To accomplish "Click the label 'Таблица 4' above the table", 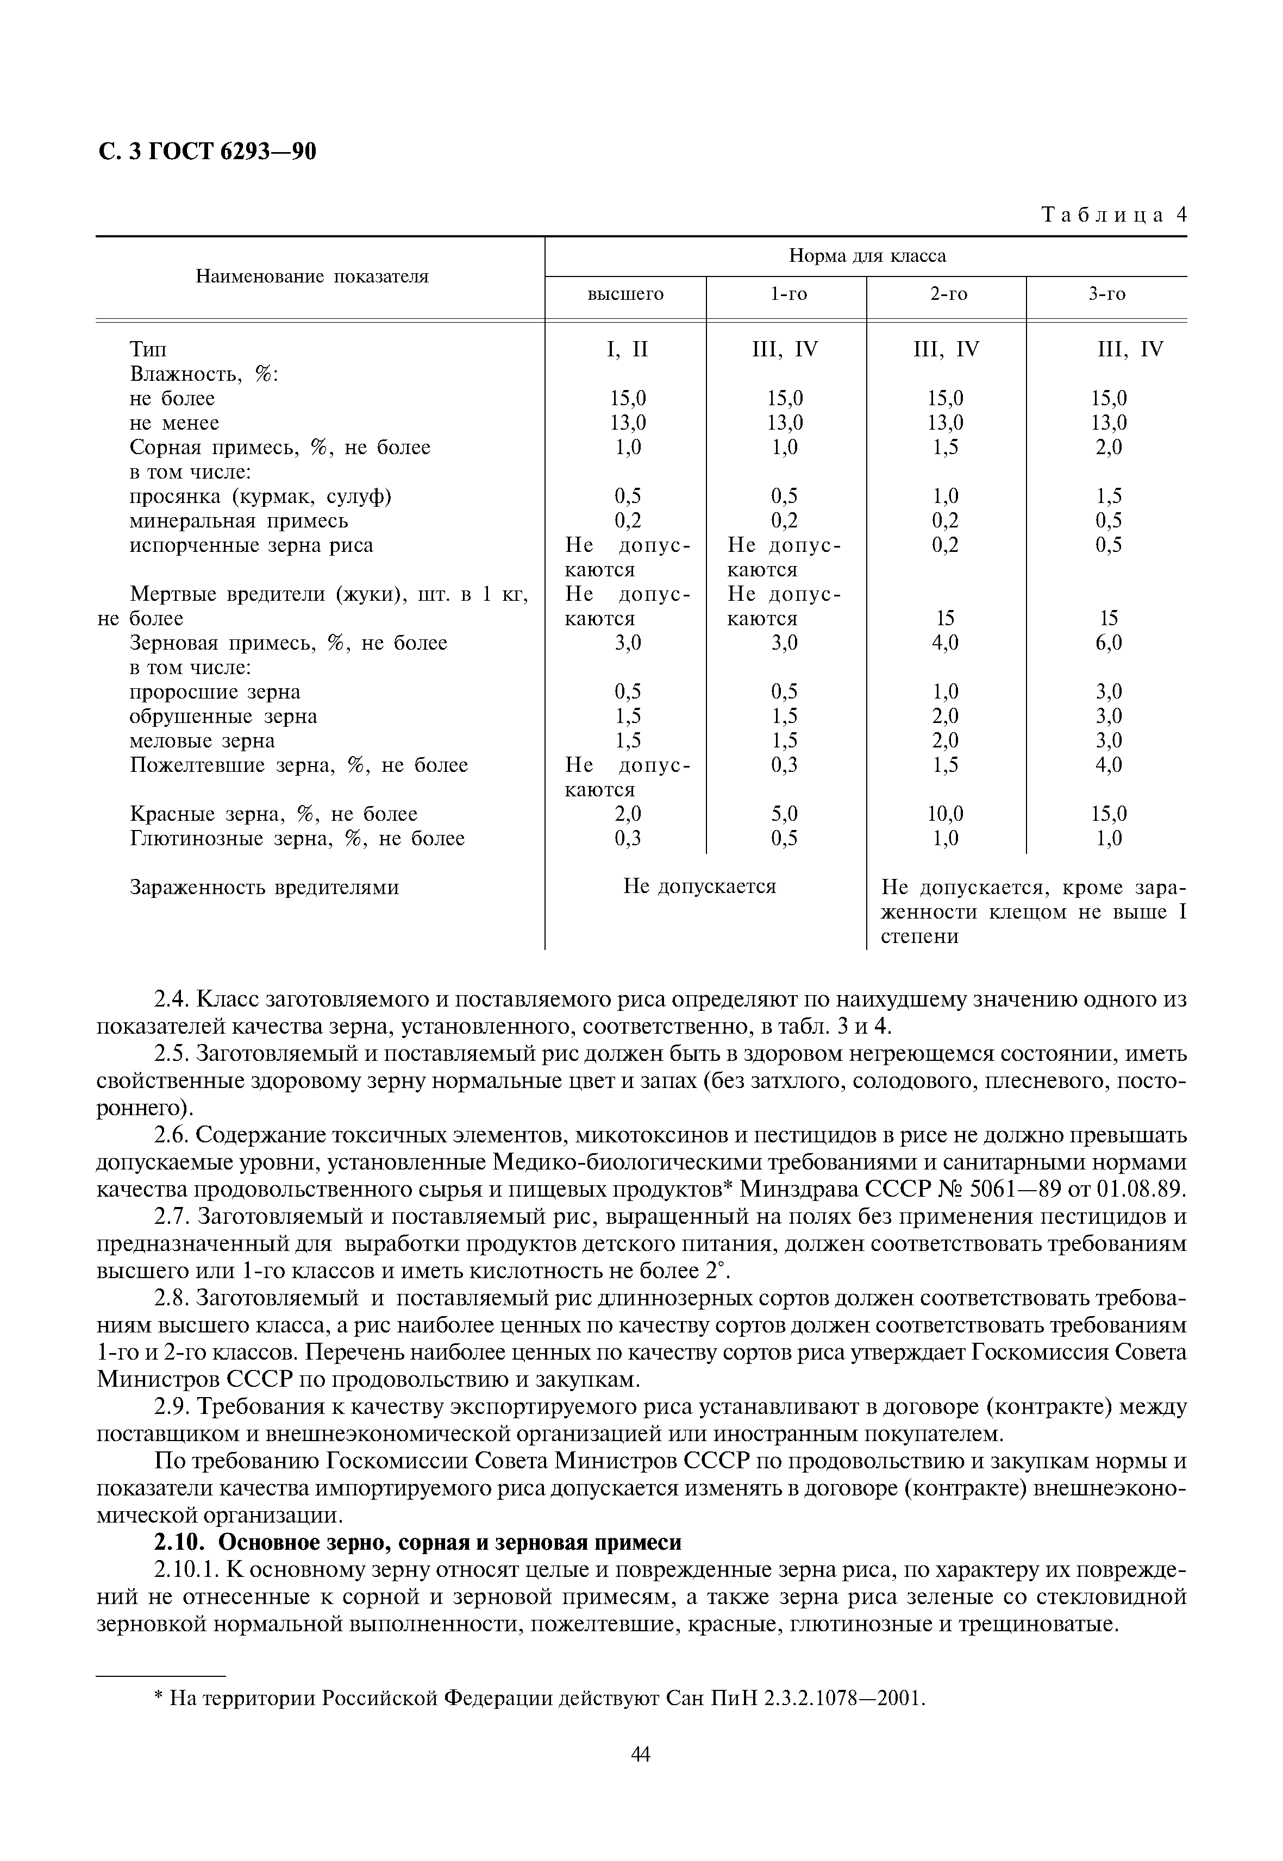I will click(1113, 215).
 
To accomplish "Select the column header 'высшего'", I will click(625, 295).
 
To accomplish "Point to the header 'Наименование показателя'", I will click(312, 277).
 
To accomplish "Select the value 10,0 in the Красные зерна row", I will click(946, 814).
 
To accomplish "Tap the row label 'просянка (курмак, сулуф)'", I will click(260, 496).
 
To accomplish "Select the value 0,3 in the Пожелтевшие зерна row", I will click(785, 765).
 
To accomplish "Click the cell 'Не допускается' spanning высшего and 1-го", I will click(699, 887).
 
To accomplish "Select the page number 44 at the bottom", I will click(641, 1777).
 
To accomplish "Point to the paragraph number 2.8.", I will click(171, 1299).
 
